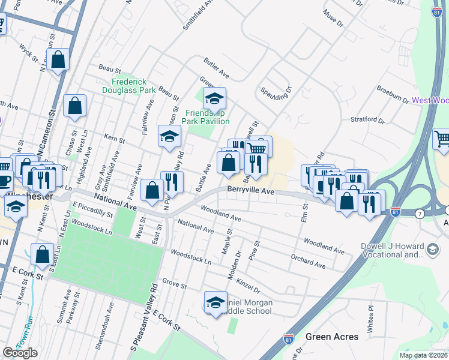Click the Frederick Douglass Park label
(133, 86)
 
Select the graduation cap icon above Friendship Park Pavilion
(214, 98)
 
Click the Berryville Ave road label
(250, 191)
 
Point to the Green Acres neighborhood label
(332, 337)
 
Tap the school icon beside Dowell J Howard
(432, 248)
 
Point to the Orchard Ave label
(308, 262)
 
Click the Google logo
(20, 352)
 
